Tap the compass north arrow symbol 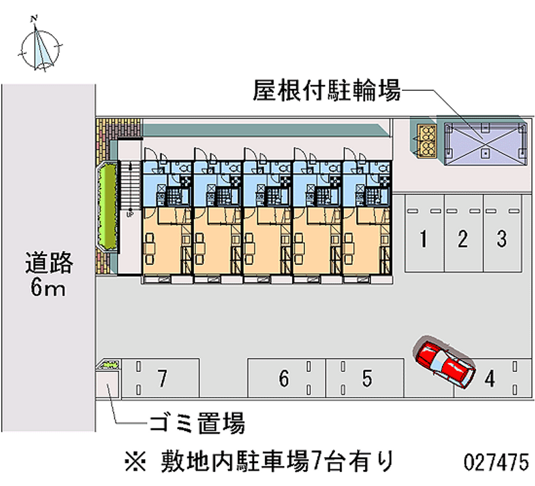pos(41,45)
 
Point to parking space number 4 pos(490,379)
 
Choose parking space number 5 pos(366,379)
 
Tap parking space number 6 pos(284,379)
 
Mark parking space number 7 pos(161,379)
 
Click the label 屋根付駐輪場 pos(326,90)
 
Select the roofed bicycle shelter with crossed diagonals pos(481,141)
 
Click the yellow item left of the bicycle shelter pos(424,141)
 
